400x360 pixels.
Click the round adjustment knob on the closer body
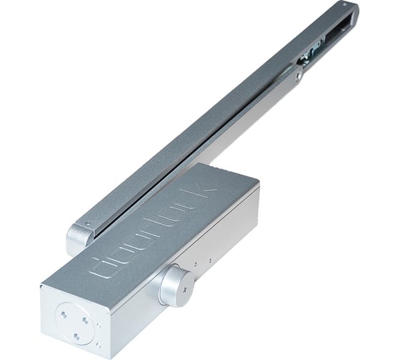pos(174,283)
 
